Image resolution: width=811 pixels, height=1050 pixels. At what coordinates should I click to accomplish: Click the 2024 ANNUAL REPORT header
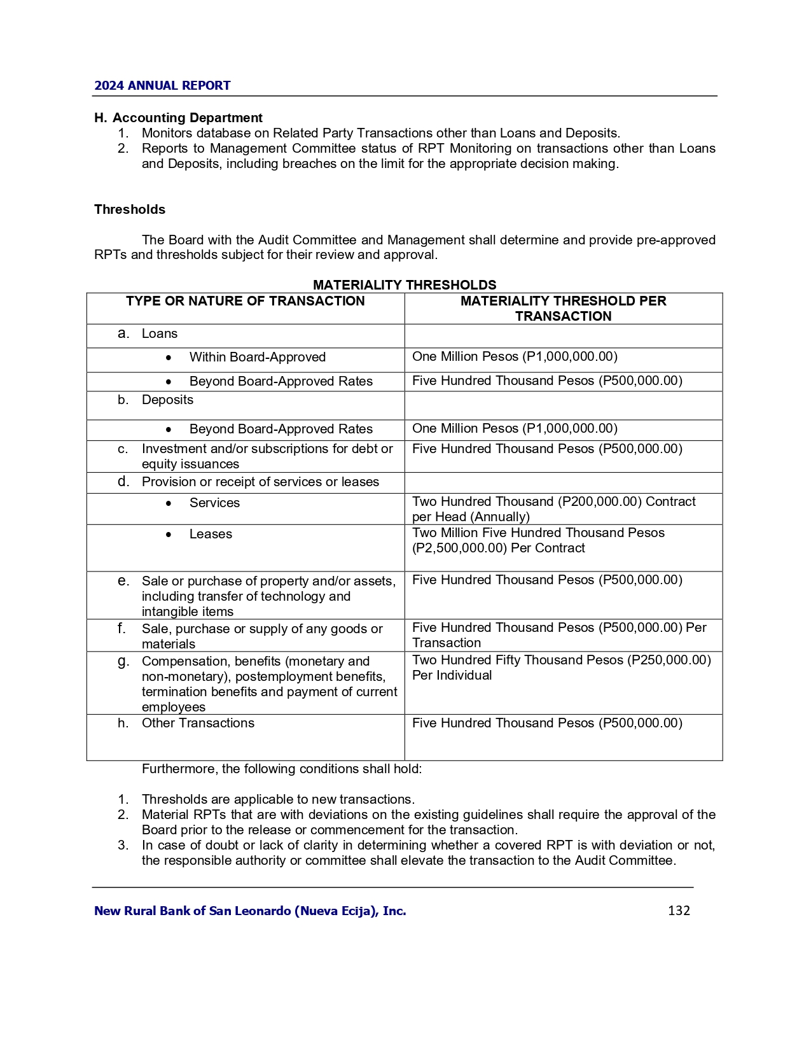coord(162,86)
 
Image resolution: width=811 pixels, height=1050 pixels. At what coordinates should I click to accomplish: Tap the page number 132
coord(679,911)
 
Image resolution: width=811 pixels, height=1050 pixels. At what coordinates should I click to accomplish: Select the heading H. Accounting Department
coord(178,118)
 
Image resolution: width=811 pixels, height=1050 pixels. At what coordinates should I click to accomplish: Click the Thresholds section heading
coord(130,209)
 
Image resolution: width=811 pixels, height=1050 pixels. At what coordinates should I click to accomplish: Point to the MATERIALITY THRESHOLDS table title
coord(405,285)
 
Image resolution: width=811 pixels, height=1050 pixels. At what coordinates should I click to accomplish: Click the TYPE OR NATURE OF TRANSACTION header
coord(246,301)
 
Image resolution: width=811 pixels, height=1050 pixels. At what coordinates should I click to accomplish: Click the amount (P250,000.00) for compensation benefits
coord(669,660)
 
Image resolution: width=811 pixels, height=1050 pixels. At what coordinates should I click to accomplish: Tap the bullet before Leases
coord(168,535)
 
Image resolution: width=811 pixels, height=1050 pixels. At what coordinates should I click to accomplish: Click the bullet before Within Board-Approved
coord(168,358)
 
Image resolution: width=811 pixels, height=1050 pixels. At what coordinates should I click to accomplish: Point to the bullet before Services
coord(168,503)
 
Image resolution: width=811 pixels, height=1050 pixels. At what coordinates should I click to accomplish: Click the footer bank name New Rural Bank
coord(250,911)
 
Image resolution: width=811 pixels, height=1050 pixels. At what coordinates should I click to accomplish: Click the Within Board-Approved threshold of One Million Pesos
coord(515,356)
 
